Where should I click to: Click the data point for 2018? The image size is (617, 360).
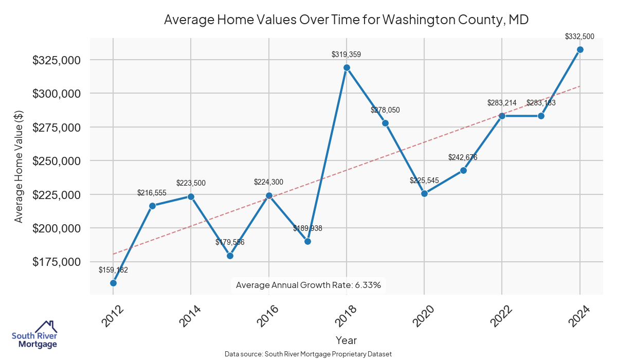(x=347, y=67)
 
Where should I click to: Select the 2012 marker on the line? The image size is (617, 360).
(x=113, y=283)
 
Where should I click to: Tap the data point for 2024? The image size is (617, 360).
(x=580, y=49)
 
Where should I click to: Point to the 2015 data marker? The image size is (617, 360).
(x=230, y=256)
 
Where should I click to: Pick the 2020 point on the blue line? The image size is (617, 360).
(x=424, y=193)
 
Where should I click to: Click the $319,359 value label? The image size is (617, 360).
(x=347, y=53)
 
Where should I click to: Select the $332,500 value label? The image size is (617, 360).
(x=579, y=37)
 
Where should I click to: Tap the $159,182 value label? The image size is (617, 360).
(x=113, y=269)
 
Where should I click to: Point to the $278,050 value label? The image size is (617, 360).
(x=385, y=110)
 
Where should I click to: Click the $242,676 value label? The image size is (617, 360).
(x=463, y=157)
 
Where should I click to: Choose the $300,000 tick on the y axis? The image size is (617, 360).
(x=57, y=94)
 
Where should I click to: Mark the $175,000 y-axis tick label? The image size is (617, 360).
(x=57, y=262)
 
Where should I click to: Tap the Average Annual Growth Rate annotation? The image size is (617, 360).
(x=308, y=285)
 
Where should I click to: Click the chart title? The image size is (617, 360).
(x=346, y=20)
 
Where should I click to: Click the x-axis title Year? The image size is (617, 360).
(x=346, y=340)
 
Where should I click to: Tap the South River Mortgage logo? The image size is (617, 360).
(x=34, y=335)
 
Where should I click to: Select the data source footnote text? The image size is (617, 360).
(x=308, y=354)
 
